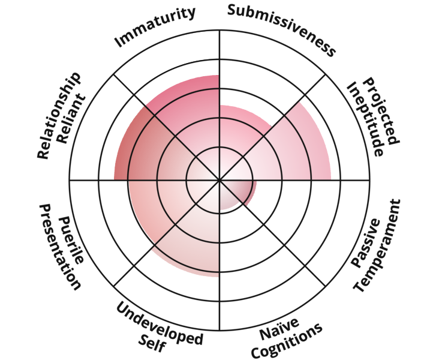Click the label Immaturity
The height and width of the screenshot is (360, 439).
pyautogui.click(x=155, y=26)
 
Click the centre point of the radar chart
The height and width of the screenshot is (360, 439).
pyautogui.click(x=220, y=180)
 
